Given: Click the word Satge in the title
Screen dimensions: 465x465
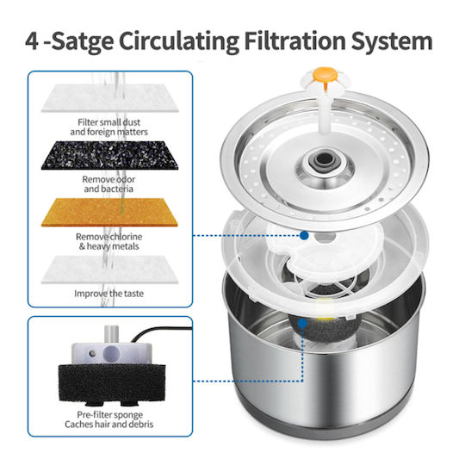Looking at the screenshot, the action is [x=83, y=41].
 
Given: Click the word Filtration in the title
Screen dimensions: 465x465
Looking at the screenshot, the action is [x=295, y=40].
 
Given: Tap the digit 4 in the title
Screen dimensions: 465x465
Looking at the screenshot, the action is [x=32, y=41].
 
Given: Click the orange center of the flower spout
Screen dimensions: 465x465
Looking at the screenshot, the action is [x=325, y=74].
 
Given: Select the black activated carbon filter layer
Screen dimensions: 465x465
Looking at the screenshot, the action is [x=109, y=155].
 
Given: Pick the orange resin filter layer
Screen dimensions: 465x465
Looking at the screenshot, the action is [x=109, y=213].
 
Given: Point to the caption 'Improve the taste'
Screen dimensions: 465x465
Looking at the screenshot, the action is [x=108, y=294].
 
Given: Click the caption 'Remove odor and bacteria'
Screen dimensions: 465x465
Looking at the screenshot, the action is [x=108, y=184].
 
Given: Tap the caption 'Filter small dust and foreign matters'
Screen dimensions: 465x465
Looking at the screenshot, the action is [x=108, y=127].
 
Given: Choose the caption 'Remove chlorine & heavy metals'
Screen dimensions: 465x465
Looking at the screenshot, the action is [x=108, y=241].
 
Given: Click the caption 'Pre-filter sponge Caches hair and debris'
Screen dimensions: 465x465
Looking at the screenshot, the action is [x=108, y=419].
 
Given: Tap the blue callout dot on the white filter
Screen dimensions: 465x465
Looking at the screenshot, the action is [x=304, y=236].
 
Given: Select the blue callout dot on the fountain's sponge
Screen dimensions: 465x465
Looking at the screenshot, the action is [x=302, y=323].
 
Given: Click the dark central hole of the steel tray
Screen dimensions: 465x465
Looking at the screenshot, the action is [x=325, y=160].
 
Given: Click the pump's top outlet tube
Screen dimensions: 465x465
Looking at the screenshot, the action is [x=111, y=334].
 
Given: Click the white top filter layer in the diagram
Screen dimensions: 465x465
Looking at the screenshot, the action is [x=109, y=98].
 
